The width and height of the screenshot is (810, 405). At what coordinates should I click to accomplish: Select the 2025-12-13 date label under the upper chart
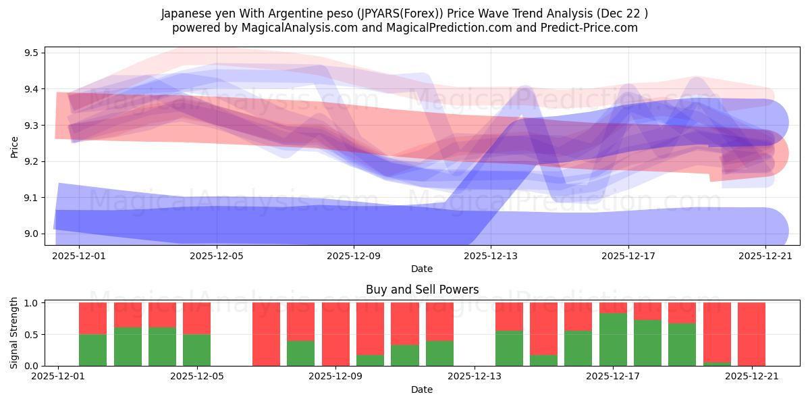pyautogui.click(x=491, y=256)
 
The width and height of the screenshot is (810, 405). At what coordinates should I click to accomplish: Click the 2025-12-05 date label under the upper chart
pyautogui.click(x=217, y=256)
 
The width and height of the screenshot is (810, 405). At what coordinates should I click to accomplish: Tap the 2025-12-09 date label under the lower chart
pyautogui.click(x=335, y=377)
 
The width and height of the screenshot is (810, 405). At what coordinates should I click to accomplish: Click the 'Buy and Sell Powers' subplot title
pyautogui.click(x=422, y=290)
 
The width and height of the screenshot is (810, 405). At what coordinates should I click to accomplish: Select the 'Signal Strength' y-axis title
pyautogui.click(x=14, y=334)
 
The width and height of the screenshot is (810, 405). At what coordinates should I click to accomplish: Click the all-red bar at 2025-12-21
pyautogui.click(x=751, y=334)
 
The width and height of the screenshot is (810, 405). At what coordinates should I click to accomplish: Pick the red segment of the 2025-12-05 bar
pyautogui.click(x=196, y=318)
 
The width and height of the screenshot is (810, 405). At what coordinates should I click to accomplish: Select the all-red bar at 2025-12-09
pyautogui.click(x=335, y=334)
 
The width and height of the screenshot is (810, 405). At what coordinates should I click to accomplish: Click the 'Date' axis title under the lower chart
pyautogui.click(x=422, y=389)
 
